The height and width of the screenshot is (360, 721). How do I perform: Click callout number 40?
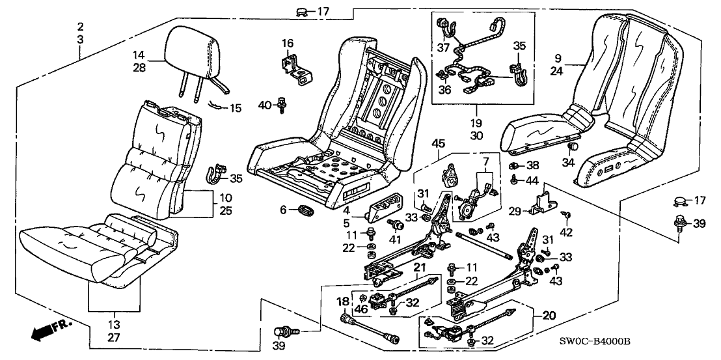click(x=264, y=104)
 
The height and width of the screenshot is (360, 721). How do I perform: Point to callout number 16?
click(x=288, y=44)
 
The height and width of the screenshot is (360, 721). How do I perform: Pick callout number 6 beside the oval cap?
click(x=282, y=209)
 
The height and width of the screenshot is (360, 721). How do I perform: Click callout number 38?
click(x=533, y=165)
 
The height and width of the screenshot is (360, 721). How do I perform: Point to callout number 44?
click(x=533, y=179)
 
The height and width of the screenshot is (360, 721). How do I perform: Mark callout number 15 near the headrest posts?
click(x=235, y=107)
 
